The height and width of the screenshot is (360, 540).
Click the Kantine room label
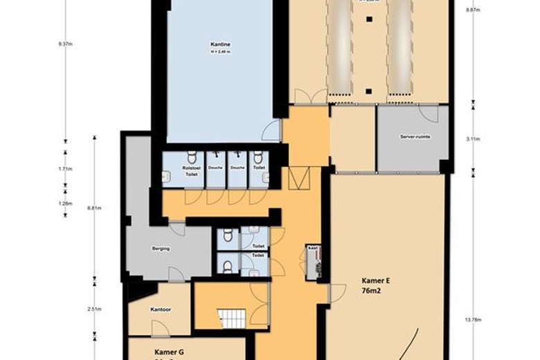coord(220,45)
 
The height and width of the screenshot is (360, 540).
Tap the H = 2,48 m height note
coord(220,51)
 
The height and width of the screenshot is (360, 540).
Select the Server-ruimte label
coord(415,136)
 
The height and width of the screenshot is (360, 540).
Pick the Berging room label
coord(161,247)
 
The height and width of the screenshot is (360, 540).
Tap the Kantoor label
coord(161,309)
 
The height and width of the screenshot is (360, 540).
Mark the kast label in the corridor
coord(312,246)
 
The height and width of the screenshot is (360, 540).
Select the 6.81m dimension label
coord(96,208)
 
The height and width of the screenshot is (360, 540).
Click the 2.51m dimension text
coord(96,309)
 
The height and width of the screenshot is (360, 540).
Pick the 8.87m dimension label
coord(473,10)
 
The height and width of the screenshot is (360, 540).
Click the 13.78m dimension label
coord(473,319)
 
